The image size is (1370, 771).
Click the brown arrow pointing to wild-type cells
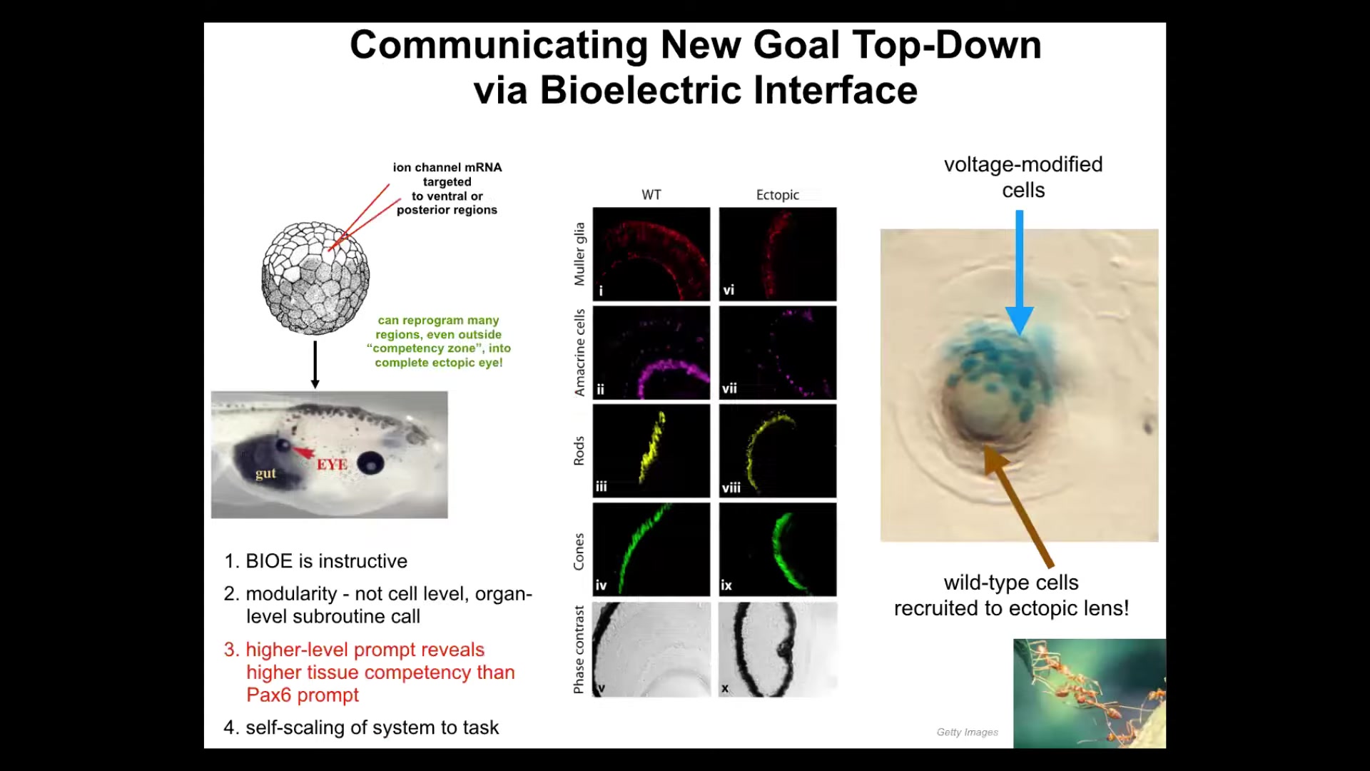[1018, 505]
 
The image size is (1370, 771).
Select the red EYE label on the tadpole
[332, 465]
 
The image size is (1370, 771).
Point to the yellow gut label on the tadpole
[265, 473]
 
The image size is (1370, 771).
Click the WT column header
[651, 195]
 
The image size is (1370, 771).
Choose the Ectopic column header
[778, 195]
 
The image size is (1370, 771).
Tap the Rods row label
[579, 451]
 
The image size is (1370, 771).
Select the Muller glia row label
[579, 254]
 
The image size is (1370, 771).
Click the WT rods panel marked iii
[651, 451]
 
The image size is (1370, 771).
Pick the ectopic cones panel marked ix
[778, 550]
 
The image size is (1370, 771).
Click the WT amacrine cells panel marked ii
[651, 353]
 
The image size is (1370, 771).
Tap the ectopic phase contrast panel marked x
[778, 649]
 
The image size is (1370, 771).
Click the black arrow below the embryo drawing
[315, 365]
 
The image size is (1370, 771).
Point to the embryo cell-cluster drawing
[315, 277]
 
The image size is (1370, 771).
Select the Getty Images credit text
[968, 732]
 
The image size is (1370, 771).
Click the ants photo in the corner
[1090, 693]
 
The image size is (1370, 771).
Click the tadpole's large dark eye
[370, 463]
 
